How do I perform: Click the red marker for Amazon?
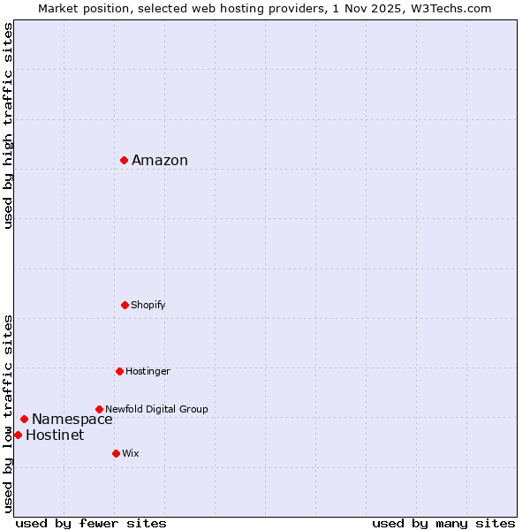(125, 160)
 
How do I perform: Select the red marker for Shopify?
(125, 305)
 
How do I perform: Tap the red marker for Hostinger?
(119, 371)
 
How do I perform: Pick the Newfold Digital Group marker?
(99, 409)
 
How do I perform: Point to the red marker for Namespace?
(24, 419)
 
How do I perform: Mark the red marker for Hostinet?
(18, 435)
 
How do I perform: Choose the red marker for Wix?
(116, 453)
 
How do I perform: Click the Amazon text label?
(160, 160)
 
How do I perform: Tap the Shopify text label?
(148, 305)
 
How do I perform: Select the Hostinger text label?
(148, 371)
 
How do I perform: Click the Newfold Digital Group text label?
(156, 409)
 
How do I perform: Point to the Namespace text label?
(72, 419)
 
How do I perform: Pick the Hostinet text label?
(55, 435)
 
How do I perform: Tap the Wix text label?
(131, 453)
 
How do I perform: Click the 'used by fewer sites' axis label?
(91, 523)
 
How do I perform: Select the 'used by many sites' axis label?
(443, 523)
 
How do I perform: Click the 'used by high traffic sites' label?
(8, 125)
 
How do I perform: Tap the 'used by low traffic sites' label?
(8, 413)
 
